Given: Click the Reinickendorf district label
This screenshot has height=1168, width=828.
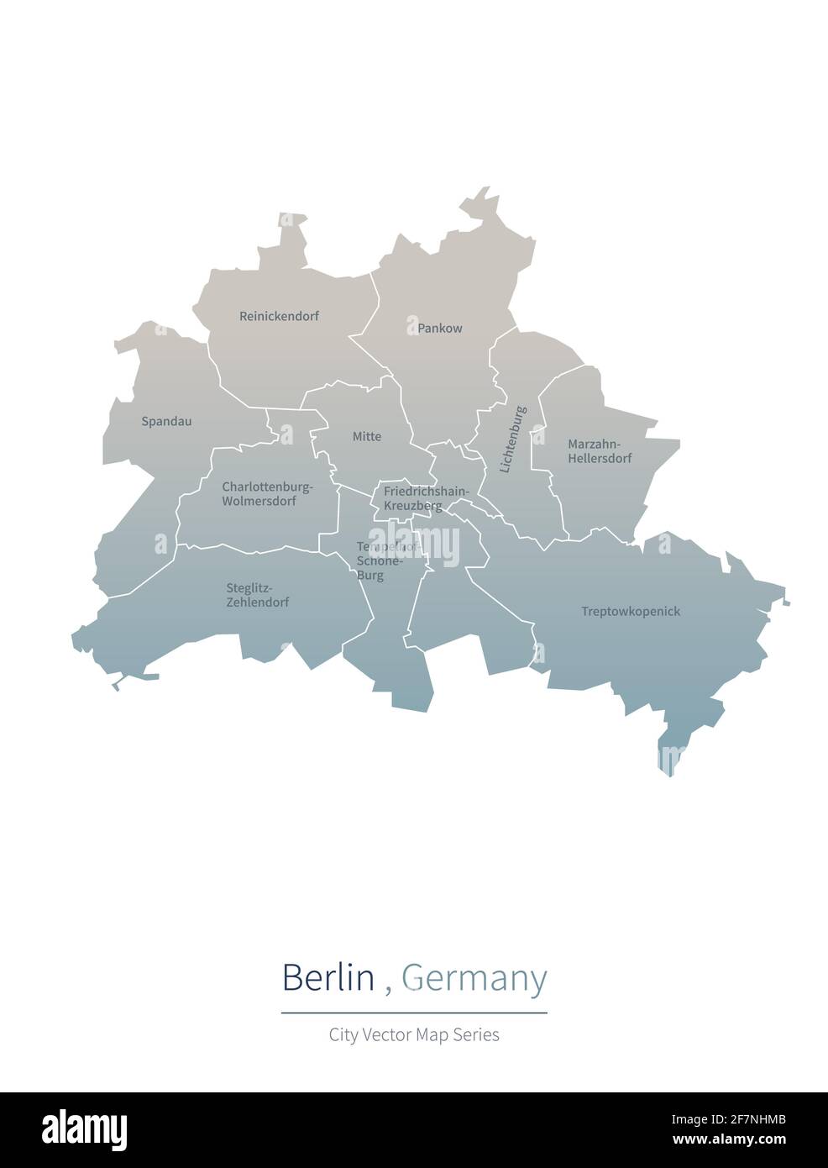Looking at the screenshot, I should tap(279, 317).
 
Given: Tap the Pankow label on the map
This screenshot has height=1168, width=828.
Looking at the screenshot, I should tap(440, 329).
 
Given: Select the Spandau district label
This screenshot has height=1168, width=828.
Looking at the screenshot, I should tap(166, 421).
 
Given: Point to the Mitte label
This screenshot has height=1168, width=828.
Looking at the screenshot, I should tap(367, 437).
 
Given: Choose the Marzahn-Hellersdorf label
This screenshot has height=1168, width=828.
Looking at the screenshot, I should tap(600, 451).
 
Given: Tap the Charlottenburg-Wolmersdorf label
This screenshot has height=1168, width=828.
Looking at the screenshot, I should tap(267, 494).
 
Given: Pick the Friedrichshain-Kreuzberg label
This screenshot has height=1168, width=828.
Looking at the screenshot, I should tap(426, 498).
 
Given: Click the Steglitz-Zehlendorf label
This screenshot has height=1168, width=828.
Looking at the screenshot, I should tap(258, 595).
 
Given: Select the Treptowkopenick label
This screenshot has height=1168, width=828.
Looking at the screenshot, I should tap(631, 612).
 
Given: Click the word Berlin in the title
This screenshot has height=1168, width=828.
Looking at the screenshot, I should tap(328, 978).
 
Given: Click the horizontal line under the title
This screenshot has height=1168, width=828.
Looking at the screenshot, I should tap(414, 1013).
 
